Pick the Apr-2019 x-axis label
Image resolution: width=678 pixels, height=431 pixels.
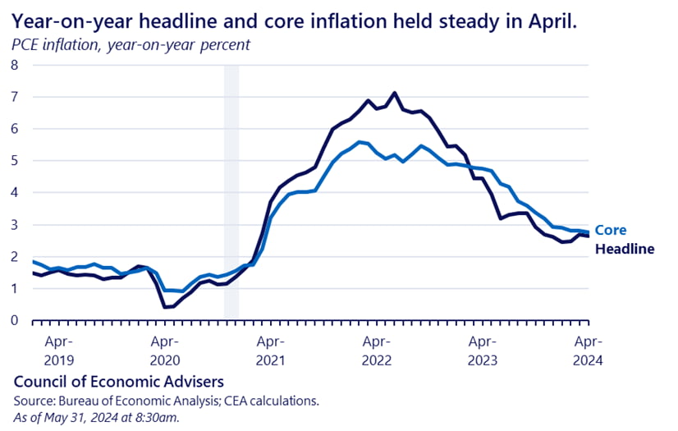[x=58, y=350]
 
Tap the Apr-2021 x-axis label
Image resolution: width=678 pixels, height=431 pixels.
[x=270, y=350]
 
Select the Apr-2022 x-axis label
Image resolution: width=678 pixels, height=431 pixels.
[x=376, y=350]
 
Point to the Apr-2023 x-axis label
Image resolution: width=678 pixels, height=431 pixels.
[x=482, y=350]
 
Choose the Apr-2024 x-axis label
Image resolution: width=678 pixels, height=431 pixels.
[x=588, y=350]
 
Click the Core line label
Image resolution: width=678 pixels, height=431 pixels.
[x=610, y=231]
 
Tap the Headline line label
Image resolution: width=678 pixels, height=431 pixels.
[x=624, y=249]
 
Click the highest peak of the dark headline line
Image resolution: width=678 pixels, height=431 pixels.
[x=395, y=93]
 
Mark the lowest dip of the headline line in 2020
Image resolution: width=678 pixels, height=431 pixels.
[x=166, y=307]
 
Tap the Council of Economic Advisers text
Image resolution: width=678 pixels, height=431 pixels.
[x=118, y=383]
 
